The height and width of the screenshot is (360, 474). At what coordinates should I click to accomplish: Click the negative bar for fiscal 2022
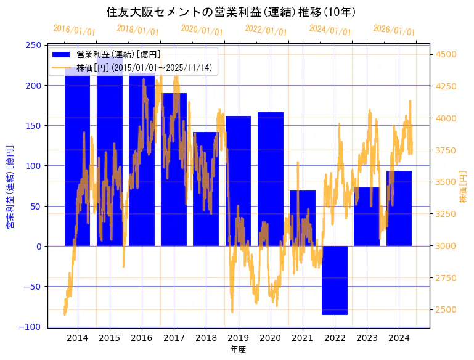click(x=335, y=280)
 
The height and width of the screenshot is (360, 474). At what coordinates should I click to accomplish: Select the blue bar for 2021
click(x=303, y=218)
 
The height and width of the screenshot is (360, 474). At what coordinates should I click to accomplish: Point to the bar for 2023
click(x=367, y=216)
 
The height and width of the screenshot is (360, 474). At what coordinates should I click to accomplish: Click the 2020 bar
click(x=271, y=179)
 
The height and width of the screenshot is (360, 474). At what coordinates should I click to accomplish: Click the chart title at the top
click(x=231, y=12)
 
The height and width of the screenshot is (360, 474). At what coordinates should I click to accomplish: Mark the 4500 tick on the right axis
click(x=446, y=54)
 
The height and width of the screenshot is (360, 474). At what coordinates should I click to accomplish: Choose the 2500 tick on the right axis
click(x=446, y=309)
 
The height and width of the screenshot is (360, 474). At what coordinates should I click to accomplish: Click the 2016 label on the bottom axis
click(x=142, y=338)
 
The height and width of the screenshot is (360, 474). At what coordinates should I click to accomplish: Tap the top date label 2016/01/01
click(x=74, y=30)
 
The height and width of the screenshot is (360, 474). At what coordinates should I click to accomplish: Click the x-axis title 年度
click(x=238, y=350)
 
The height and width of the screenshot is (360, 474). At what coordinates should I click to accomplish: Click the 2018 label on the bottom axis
click(x=206, y=338)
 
